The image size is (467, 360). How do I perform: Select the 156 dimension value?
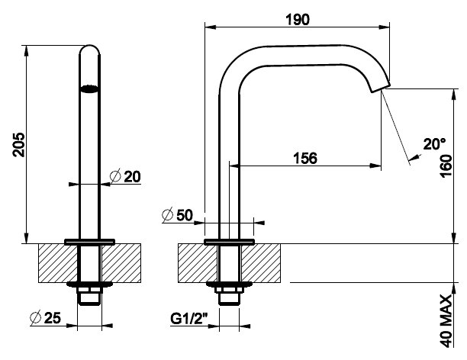(305, 158)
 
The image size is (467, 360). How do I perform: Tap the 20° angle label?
(434, 143)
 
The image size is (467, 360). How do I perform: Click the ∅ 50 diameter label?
(179, 215)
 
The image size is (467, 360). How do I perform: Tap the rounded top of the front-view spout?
(90, 50)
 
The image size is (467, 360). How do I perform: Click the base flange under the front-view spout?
(90, 241)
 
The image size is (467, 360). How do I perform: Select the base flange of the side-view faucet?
(229, 241)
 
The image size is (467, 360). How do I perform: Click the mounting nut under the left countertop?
(90, 288)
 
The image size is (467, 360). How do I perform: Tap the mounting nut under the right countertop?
(229, 288)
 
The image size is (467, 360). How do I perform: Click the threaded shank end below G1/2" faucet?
(229, 299)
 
